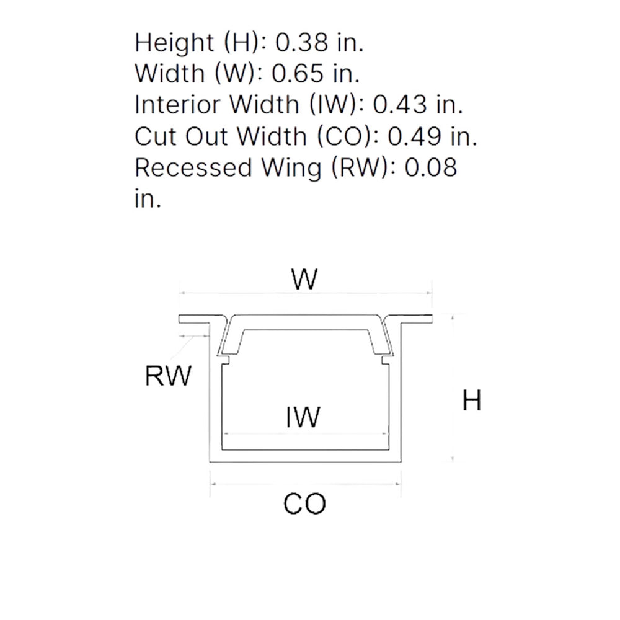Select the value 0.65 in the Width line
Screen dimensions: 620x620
click(298, 74)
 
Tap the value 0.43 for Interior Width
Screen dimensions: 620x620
click(400, 105)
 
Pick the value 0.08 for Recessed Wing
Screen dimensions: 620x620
click(431, 168)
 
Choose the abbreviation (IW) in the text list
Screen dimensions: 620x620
click(335, 105)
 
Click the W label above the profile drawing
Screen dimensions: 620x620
click(305, 280)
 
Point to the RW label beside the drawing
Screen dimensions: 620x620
click(168, 376)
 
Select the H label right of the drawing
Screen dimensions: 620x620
click(472, 401)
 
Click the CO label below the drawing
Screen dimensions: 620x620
click(304, 504)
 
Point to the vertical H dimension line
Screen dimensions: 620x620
click(454, 387)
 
